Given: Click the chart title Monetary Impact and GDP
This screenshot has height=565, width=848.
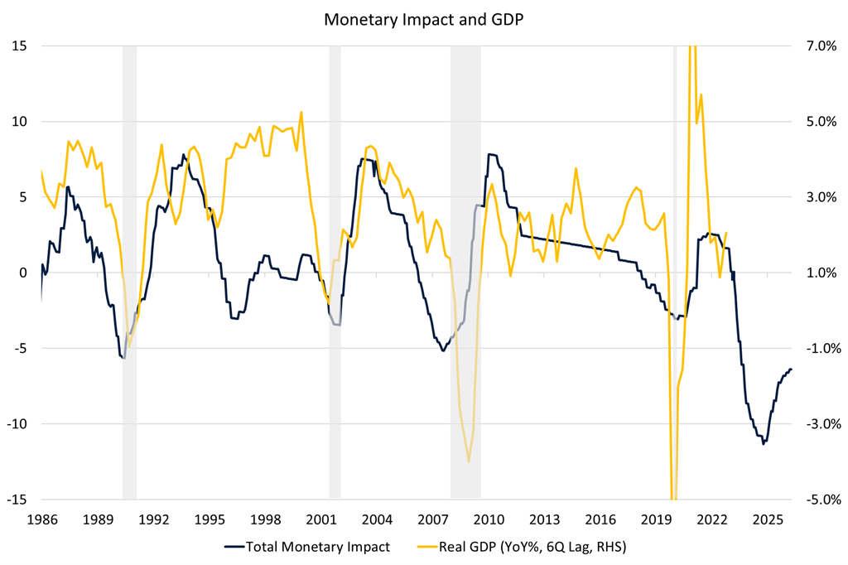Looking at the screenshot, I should click(423, 20).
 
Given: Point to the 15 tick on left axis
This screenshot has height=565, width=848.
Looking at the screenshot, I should click(17, 46).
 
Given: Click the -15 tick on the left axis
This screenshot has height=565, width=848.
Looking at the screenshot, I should click(16, 500).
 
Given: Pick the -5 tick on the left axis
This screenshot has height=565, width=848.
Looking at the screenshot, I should click(18, 348).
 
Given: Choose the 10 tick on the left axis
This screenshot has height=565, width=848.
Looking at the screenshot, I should click(17, 121).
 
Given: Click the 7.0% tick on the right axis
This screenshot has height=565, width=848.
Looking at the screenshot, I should click(817, 46).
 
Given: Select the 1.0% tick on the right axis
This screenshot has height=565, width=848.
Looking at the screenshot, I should click(817, 273).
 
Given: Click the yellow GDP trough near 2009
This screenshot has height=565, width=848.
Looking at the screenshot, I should click(469, 461).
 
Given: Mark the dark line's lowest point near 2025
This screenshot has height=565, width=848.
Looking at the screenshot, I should click(763, 443).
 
